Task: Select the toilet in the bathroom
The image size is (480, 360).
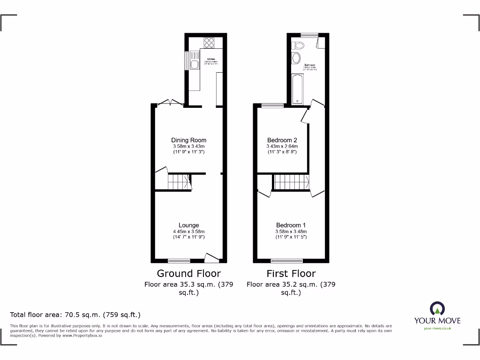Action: coord(297,45)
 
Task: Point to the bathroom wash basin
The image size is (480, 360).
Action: coord(296,59)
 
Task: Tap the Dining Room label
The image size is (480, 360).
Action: coord(188,140)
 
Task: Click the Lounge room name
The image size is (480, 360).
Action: coord(188,225)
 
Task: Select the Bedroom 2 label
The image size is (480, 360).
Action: coord(282,140)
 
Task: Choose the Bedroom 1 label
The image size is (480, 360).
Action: coord(291,225)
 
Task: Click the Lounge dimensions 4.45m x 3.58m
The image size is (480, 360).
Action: coord(188,231)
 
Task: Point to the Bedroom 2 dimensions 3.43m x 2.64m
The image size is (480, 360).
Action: coord(282,146)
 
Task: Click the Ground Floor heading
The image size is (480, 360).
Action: coord(188,273)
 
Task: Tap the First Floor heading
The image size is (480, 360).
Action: coord(291,273)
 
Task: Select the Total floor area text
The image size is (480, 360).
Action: coord(75,315)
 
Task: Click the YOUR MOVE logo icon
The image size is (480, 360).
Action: coord(437,309)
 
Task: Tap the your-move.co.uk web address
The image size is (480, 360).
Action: coord(437,329)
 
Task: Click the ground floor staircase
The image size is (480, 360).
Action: coord(179,181)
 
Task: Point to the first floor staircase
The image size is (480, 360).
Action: coord(290,182)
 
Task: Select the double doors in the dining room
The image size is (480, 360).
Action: coord(170,103)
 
